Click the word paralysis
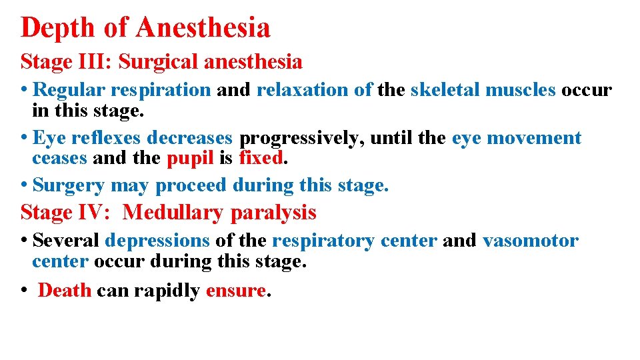click(273, 213)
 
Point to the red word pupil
click(189, 159)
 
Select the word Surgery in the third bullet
click(69, 185)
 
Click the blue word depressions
click(157, 241)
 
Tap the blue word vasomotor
click(530, 241)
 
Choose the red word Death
click(65, 291)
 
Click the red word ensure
click(235, 291)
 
